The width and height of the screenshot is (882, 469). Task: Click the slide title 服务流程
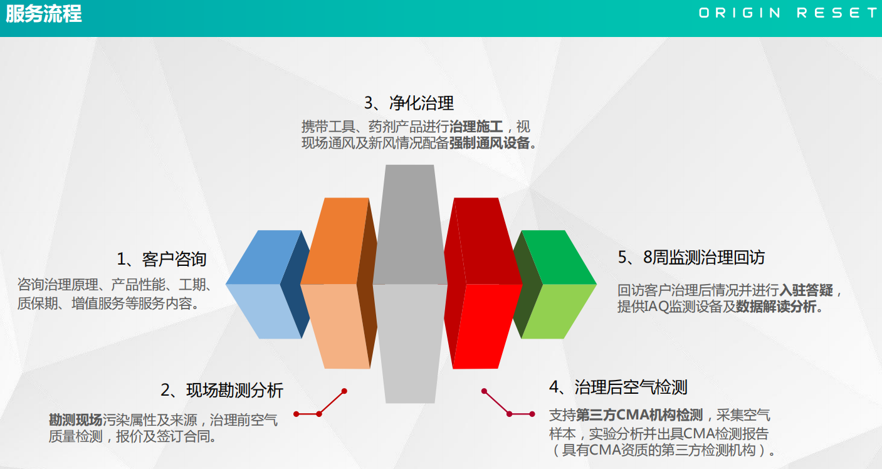pyautogui.click(x=44, y=14)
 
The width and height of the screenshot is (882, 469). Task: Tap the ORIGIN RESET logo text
pyautogui.click(x=789, y=13)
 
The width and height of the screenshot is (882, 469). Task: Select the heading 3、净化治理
pyautogui.click(x=409, y=103)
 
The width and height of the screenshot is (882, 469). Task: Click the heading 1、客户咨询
pyautogui.click(x=162, y=259)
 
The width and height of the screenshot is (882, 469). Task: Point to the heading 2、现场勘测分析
pyautogui.click(x=222, y=390)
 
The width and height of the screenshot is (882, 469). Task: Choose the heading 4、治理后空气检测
pyautogui.click(x=618, y=387)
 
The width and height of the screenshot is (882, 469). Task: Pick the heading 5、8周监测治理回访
pyautogui.click(x=691, y=257)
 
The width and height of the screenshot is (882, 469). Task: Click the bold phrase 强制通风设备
pyautogui.click(x=489, y=143)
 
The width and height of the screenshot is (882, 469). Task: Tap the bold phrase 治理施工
pyautogui.click(x=476, y=127)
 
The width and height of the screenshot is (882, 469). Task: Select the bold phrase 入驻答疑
pyautogui.click(x=806, y=290)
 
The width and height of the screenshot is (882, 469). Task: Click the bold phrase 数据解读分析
pyautogui.click(x=775, y=307)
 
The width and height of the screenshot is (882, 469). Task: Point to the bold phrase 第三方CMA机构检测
pyautogui.click(x=639, y=414)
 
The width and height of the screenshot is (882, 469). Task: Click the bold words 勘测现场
pyautogui.click(x=75, y=419)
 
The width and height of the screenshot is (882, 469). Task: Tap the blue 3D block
pyautogui.click(x=268, y=284)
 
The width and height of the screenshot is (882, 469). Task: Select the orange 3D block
pyautogui.click(x=339, y=283)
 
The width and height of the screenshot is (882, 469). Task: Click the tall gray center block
pyautogui.click(x=410, y=283)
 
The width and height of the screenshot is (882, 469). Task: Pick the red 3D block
pyautogui.click(x=483, y=283)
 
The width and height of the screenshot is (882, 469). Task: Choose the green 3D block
pyautogui.click(x=554, y=284)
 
